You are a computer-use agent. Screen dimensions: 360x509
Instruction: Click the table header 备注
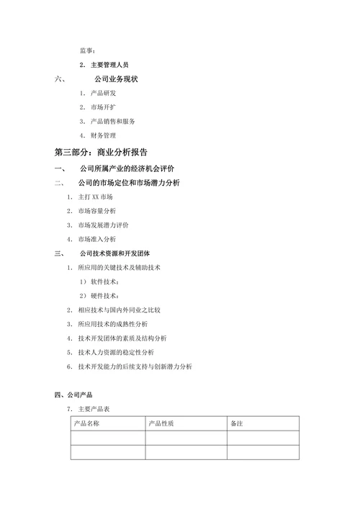pyautogui.click(x=237, y=423)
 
